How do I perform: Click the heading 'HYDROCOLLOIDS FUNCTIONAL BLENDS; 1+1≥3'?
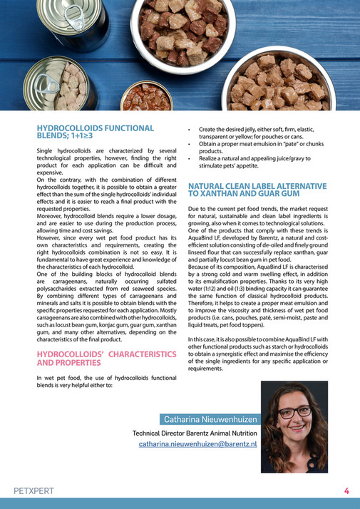(x=95, y=132)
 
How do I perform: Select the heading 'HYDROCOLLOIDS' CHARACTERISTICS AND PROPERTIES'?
(x=106, y=357)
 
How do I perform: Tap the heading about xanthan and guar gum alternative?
(x=257, y=190)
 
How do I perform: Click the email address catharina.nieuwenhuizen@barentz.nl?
(x=197, y=443)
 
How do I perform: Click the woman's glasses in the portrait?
(x=295, y=413)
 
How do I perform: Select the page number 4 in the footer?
(x=346, y=490)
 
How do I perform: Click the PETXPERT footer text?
(x=34, y=491)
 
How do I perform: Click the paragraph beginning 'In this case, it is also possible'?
(x=257, y=353)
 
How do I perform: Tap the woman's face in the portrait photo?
(x=295, y=416)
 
